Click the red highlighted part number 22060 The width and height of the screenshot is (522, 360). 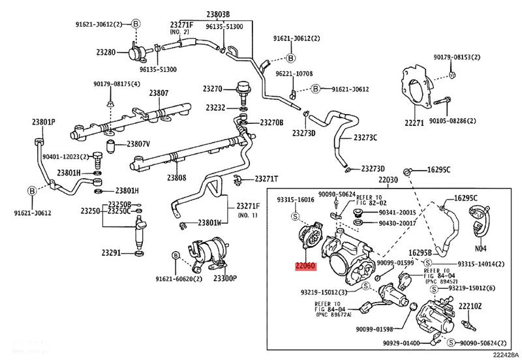pos(305,266)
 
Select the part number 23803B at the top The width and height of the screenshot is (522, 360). pos(219,14)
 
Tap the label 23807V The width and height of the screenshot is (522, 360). pos(138,143)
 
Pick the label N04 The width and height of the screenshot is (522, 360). pos(481,248)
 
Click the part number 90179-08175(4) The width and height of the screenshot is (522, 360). pos(117,84)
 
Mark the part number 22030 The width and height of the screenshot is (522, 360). pos(389,179)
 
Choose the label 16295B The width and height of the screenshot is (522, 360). pos(420,252)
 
